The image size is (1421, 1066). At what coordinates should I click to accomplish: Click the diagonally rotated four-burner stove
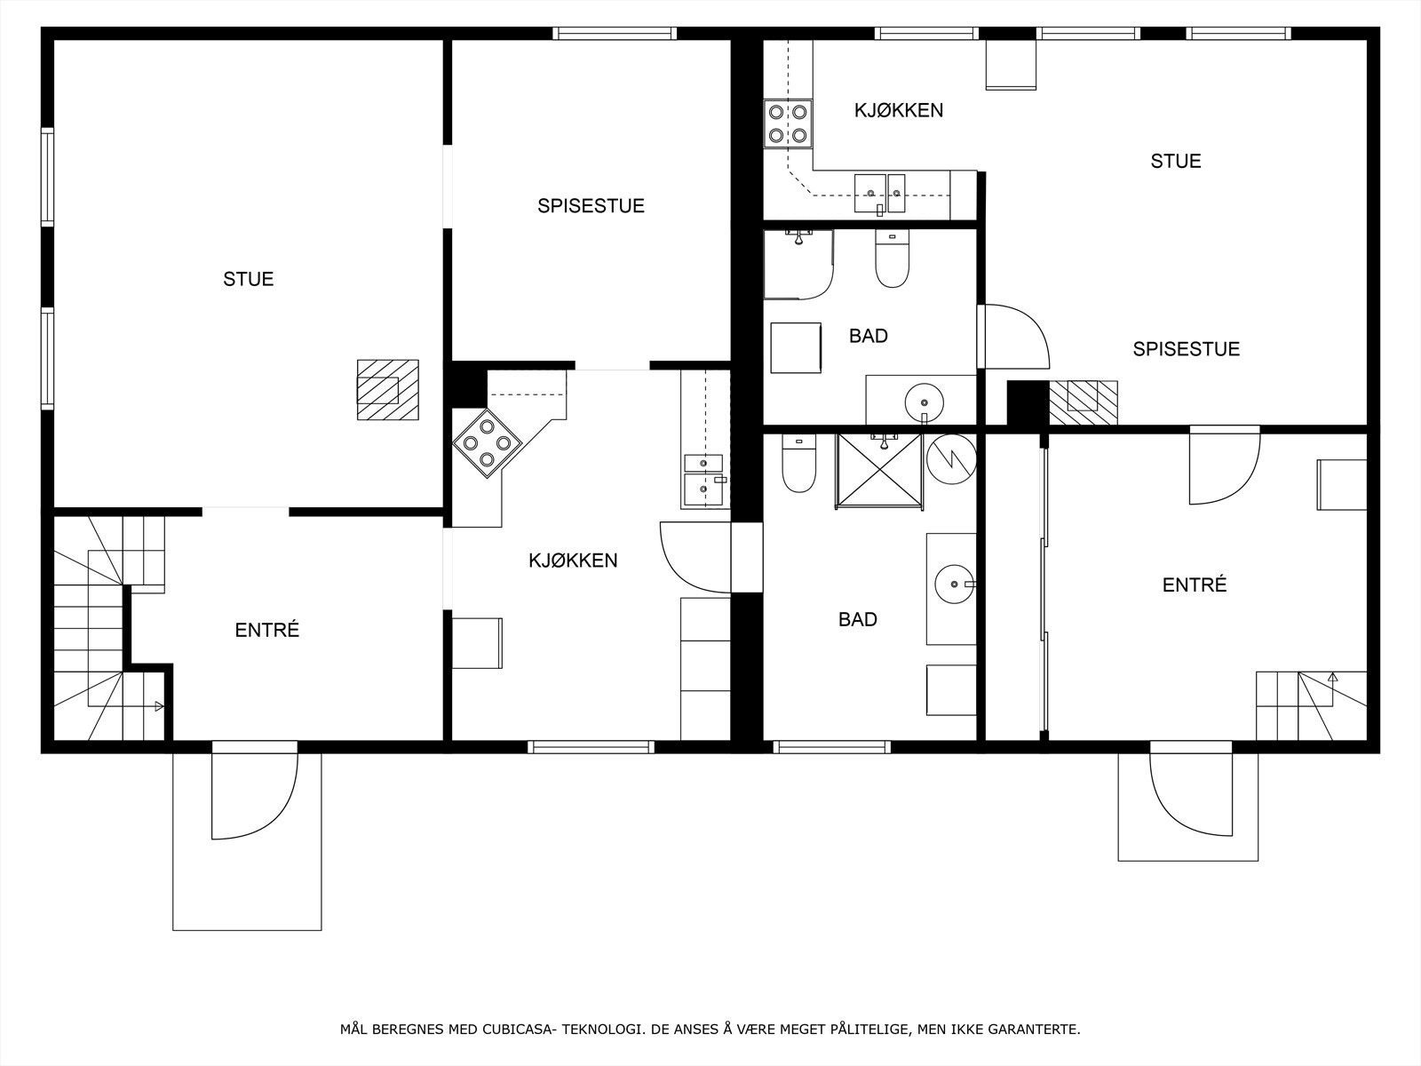(x=487, y=443)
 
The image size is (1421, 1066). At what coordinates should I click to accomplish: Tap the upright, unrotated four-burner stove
(x=787, y=123)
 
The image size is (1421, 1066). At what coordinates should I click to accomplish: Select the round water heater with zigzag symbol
(x=951, y=458)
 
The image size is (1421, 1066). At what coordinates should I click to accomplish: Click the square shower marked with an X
(x=879, y=470)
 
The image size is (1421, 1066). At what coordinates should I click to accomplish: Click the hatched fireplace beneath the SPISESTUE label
(x=1083, y=402)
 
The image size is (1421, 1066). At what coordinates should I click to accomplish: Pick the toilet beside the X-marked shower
(x=798, y=463)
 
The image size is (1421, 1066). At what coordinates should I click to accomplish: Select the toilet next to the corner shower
(x=892, y=259)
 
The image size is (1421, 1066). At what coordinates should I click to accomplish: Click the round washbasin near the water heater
(x=954, y=584)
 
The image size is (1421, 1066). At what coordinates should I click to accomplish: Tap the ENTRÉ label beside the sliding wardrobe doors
(x=1195, y=585)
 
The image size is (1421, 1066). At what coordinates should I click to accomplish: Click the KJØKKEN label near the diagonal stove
(x=573, y=561)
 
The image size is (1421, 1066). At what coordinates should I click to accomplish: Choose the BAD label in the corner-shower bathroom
(x=868, y=336)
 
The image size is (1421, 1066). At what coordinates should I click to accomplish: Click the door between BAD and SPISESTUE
(x=1013, y=337)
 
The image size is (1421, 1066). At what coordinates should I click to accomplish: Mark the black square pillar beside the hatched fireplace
(x=1028, y=402)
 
